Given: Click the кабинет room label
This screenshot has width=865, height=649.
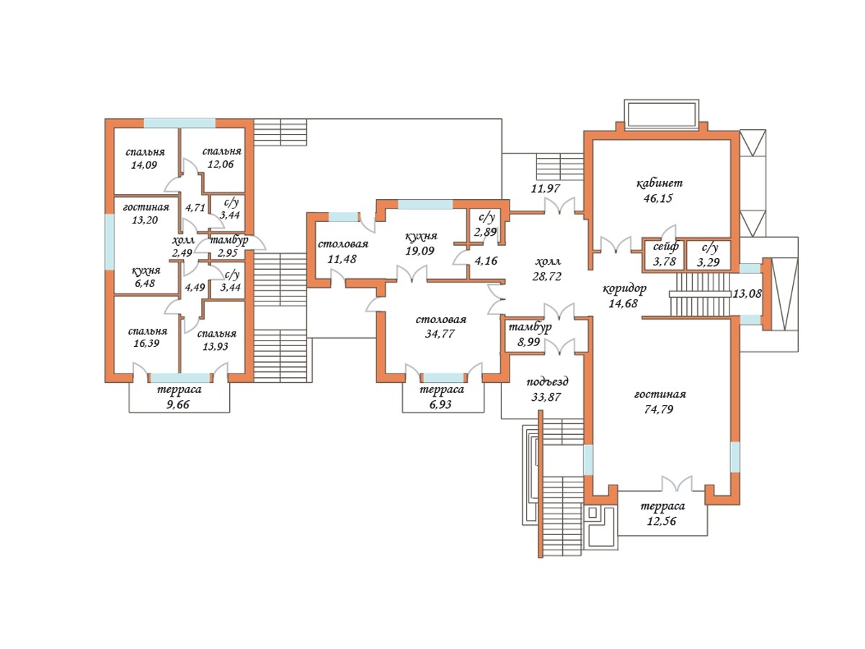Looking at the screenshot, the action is [x=660, y=184].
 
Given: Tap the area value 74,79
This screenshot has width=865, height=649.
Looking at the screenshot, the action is [x=659, y=410].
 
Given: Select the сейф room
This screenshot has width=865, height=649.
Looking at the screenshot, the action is [x=664, y=255].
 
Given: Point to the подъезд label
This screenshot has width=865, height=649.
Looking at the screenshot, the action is [x=547, y=382].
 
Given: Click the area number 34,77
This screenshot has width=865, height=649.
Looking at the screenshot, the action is [x=440, y=334].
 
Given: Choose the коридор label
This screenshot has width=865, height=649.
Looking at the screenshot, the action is [x=625, y=289].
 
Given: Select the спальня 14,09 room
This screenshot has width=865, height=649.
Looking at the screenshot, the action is [x=146, y=161].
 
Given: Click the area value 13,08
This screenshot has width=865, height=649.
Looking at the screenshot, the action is [x=747, y=293].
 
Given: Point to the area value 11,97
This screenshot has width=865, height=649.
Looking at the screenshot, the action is [x=545, y=188].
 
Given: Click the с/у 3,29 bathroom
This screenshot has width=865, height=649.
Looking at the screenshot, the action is [x=709, y=255].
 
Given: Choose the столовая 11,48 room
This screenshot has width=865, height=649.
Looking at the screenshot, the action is [x=342, y=252].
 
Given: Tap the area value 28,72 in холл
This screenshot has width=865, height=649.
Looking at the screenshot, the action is [x=546, y=277].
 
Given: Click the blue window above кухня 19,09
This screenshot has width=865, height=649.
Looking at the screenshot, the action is [x=425, y=204].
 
